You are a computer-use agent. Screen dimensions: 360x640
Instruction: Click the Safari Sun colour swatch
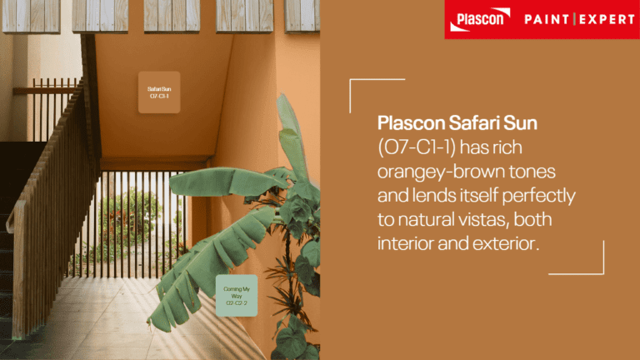(x=158, y=92)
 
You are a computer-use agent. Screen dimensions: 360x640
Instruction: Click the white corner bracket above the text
(x=367, y=83)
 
